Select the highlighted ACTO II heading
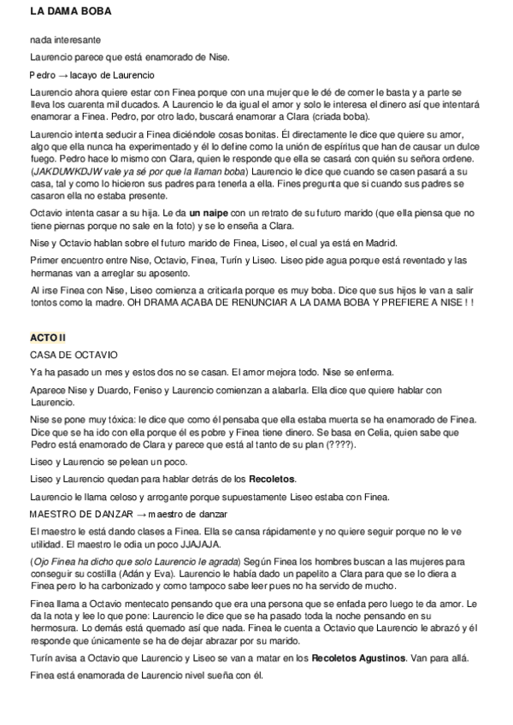pyautogui.click(x=48, y=339)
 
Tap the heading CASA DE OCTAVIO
pyautogui.click(x=74, y=354)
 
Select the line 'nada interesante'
pyautogui.click(x=66, y=39)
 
